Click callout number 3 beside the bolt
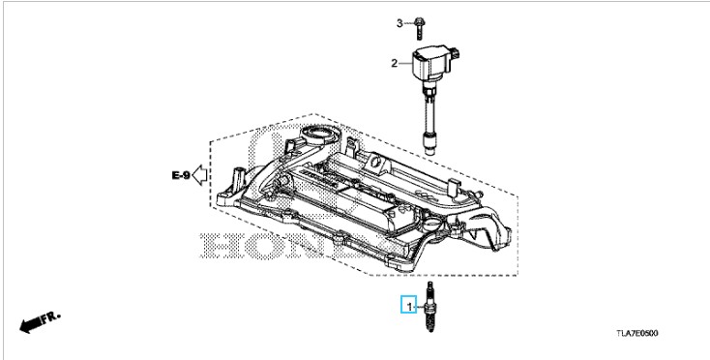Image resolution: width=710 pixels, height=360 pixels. [399, 23]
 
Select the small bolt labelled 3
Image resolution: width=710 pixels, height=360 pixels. [419, 28]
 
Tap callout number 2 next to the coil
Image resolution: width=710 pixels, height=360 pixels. [394, 64]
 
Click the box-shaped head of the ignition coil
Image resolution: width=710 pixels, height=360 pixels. [431, 64]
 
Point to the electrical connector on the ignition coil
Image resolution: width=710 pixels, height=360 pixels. [455, 53]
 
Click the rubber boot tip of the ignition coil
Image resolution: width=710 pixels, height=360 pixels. [429, 143]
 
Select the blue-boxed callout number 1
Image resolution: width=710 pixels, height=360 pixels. [409, 305]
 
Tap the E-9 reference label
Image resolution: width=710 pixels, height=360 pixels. [181, 175]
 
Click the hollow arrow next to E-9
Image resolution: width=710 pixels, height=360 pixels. [199, 175]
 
